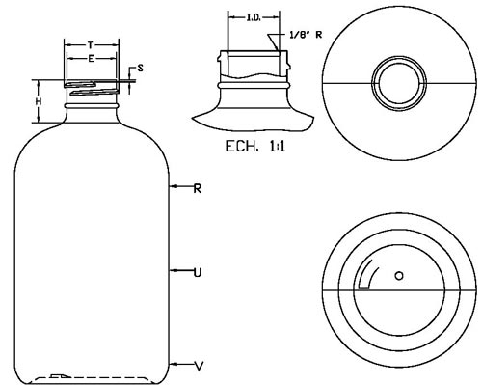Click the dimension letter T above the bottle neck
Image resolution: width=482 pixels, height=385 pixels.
[91, 45]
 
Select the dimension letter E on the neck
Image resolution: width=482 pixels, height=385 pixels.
[92, 59]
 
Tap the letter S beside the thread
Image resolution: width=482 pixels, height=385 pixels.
[140, 69]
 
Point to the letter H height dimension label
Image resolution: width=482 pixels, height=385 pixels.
[39, 102]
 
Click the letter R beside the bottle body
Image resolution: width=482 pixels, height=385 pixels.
[198, 189]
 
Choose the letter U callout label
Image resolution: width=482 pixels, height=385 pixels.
[198, 273]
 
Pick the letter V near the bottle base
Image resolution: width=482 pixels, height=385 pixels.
[200, 366]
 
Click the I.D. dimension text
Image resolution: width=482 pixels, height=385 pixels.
[254, 18]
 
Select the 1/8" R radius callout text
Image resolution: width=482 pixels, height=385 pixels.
[306, 35]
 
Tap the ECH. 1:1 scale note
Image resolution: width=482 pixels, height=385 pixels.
[255, 147]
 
